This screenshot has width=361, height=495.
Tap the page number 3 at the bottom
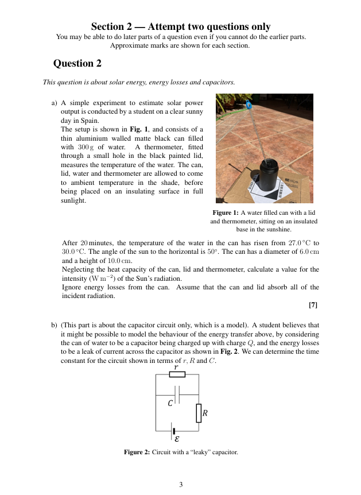pyautogui.click(x=181, y=484)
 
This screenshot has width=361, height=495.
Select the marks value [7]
pyautogui.click(x=313, y=305)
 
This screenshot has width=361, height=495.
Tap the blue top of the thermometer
pyautogui.click(x=249, y=105)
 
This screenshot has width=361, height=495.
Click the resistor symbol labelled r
pyautogui.click(x=177, y=374)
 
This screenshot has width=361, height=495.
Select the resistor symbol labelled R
pyautogui.click(x=199, y=413)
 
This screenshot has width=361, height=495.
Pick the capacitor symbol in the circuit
pyautogui.click(x=178, y=395)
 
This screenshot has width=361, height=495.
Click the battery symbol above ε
pyautogui.click(x=173, y=431)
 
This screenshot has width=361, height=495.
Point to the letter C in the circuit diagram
pyautogui.click(x=170, y=404)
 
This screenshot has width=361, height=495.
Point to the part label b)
pyautogui.click(x=55, y=325)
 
